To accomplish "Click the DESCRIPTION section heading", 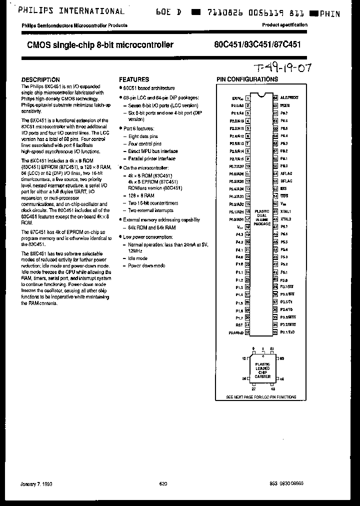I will click(x=40, y=79).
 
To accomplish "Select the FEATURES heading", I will click(x=133, y=79).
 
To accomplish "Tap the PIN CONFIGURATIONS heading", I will click(x=247, y=79).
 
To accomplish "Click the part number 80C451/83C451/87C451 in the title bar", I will click(x=255, y=45).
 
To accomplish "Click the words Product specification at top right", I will click(x=285, y=25).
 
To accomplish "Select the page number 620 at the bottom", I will click(x=163, y=483).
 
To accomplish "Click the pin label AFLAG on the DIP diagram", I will click(x=286, y=173).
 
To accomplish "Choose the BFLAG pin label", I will click(x=286, y=181).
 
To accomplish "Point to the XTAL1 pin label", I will click(x=286, y=211).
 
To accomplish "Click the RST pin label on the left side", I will click(x=239, y=324).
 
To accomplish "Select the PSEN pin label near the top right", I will click(x=285, y=105).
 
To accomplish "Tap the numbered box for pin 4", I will click(x=247, y=120).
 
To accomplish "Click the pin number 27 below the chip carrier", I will click(x=253, y=387).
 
